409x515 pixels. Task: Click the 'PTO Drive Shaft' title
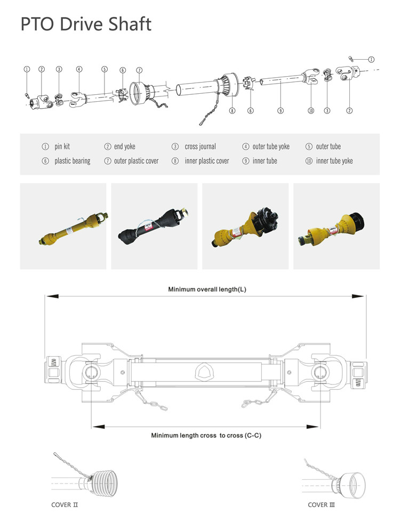click(86, 24)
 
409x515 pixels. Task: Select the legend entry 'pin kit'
click(62, 146)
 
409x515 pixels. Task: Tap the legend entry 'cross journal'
click(200, 146)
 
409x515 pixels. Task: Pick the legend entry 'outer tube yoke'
click(271, 146)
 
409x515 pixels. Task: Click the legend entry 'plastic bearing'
click(72, 161)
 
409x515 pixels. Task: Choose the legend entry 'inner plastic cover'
click(206, 161)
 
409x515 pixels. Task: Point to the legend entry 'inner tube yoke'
click(334, 161)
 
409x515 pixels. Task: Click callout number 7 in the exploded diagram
click(139, 70)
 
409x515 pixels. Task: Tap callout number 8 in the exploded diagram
click(232, 111)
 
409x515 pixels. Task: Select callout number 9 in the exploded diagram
click(280, 111)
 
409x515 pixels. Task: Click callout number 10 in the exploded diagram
click(310, 111)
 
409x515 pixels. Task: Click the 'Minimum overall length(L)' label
click(207, 289)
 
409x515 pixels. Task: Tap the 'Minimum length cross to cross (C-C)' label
click(206, 435)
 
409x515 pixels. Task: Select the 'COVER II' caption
click(65, 504)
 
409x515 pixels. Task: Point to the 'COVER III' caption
click(321, 504)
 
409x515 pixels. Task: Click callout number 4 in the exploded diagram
click(79, 69)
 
